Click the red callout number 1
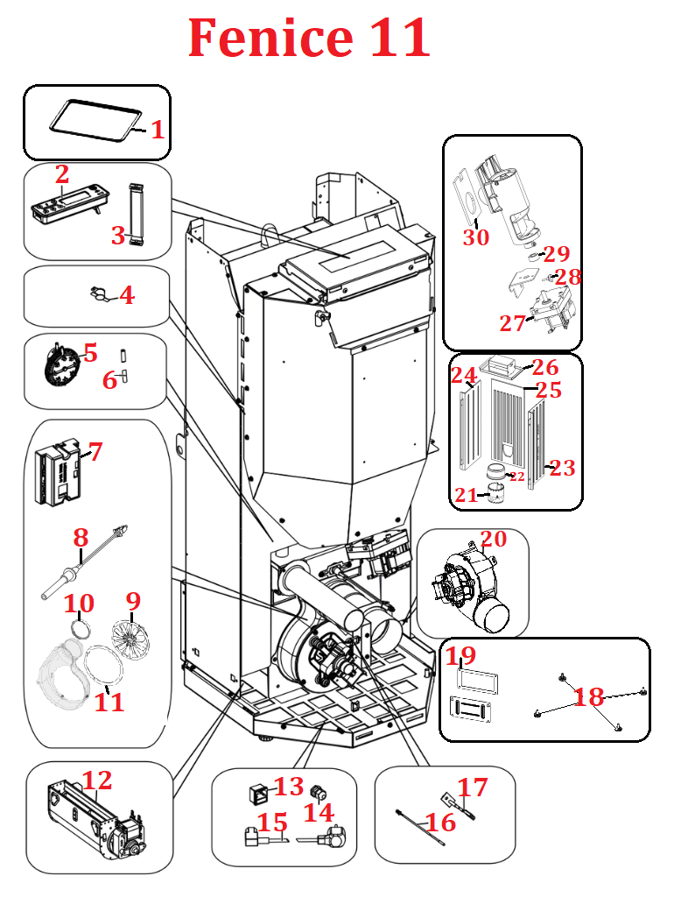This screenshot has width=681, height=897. (x=158, y=131)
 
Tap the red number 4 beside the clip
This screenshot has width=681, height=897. (x=127, y=295)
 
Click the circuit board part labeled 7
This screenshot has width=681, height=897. (x=57, y=473)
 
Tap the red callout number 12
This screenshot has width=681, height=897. (x=97, y=779)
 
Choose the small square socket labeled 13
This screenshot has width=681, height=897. (x=260, y=794)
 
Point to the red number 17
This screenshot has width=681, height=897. (x=473, y=788)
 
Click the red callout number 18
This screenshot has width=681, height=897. (x=588, y=697)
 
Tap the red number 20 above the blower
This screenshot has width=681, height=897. (x=493, y=539)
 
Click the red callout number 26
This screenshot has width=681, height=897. (x=545, y=366)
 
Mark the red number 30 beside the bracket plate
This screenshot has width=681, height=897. (x=475, y=237)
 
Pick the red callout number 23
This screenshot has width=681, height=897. (x=562, y=469)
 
